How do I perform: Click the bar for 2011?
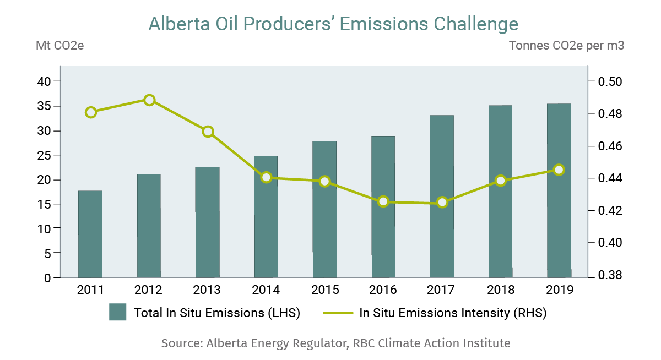(x=90, y=234)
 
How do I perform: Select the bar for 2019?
(x=559, y=190)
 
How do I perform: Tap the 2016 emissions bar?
(x=383, y=206)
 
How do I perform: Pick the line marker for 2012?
(x=149, y=100)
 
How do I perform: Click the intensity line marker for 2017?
(x=442, y=203)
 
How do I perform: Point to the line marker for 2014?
(x=267, y=177)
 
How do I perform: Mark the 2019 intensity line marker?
(x=559, y=170)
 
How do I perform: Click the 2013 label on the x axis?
(x=207, y=290)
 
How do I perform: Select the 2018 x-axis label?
(x=500, y=290)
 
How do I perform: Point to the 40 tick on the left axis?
(x=44, y=81)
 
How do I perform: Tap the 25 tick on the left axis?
(x=44, y=155)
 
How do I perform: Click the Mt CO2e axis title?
(x=59, y=46)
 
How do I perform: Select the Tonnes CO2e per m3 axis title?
(x=566, y=46)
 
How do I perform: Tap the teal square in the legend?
(x=118, y=312)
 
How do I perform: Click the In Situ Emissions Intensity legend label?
(x=453, y=313)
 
